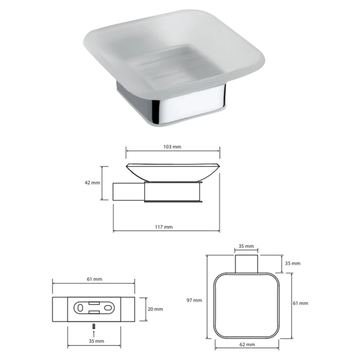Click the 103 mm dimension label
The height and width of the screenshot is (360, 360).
pyautogui.click(x=172, y=147)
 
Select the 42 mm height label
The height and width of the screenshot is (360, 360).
pyautogui.click(x=92, y=183)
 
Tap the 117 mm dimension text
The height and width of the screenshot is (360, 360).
pyautogui.click(x=163, y=227)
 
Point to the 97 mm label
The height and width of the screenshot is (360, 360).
pyautogui.click(x=194, y=300)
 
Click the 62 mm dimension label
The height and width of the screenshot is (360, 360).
pyautogui.click(x=247, y=344)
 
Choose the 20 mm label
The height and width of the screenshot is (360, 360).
pyautogui.click(x=155, y=309)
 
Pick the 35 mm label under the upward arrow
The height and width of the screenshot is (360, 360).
pyautogui.click(x=96, y=341)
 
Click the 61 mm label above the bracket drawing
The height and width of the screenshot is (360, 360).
pyautogui.click(x=94, y=279)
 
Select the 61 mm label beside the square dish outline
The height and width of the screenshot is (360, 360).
pyautogui.click(x=300, y=303)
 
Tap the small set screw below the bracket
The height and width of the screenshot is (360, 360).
pyautogui.click(x=93, y=326)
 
